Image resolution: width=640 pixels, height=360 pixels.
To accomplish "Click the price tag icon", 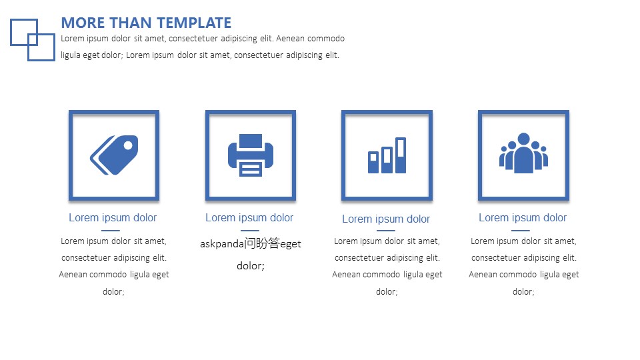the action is pos(114,155).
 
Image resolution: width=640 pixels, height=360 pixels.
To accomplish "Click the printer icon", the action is pos(251,155).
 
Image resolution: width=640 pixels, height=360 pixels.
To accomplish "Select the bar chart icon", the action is pos(387,155).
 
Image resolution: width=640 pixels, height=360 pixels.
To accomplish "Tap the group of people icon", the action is pos(524,153).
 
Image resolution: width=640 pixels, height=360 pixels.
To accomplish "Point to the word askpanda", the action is pos(222,244).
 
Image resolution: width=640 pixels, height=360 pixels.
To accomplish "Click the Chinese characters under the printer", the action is pos(262,243).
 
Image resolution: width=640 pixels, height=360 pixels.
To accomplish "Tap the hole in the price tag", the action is pos(128,145).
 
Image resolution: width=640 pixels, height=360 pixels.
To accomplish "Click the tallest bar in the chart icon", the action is pos(401,155).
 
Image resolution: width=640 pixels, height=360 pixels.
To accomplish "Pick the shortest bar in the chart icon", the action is pos(373,162).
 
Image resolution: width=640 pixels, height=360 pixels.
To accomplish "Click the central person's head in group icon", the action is pos(524,139).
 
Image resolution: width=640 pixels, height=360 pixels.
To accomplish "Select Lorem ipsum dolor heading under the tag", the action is pos(113,217).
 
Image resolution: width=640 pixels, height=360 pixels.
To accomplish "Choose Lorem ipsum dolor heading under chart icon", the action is pos(386,219).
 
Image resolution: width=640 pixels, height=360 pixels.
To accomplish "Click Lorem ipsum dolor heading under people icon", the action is pos(523,217).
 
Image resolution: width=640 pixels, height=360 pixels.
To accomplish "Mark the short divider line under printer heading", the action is pos(250,230).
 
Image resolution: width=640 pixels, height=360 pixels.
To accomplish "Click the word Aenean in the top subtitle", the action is pos(290,39).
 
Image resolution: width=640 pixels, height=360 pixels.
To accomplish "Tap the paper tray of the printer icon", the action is pos(251,169).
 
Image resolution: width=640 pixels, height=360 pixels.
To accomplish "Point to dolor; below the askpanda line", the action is pos(251,266).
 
